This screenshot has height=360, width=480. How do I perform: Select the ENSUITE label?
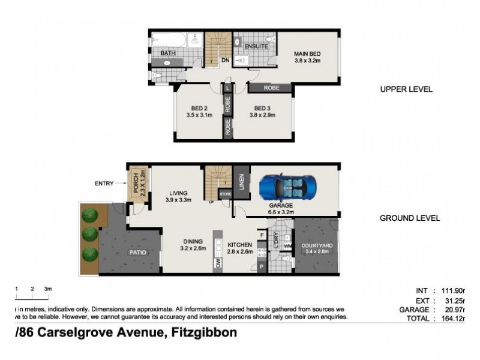click(256, 46)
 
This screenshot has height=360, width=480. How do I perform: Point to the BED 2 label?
click(199, 109)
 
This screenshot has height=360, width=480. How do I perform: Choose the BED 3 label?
click(260, 109)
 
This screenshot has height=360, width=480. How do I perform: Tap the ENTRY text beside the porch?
click(104, 184)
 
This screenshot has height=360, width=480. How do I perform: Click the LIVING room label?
click(178, 193)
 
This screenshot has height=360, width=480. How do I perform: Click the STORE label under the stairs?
click(226, 194)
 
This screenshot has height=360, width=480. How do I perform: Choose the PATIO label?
click(138, 253)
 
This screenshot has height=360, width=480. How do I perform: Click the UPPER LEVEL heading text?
click(406, 89)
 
